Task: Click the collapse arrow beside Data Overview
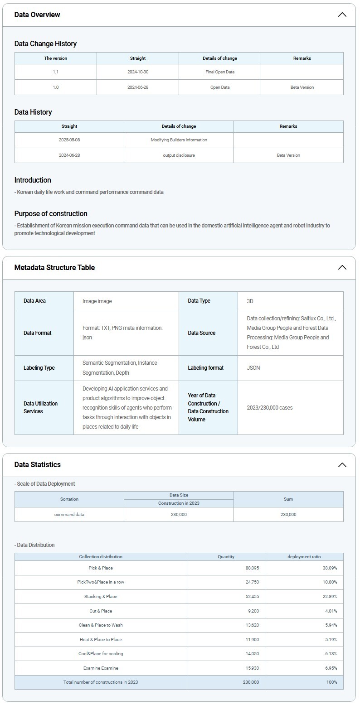(x=342, y=14)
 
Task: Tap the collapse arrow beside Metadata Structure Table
(x=342, y=267)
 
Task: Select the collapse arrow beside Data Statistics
(x=342, y=464)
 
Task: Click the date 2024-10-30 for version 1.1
(x=138, y=72)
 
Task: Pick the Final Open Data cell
(x=220, y=72)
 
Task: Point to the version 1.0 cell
(x=55, y=87)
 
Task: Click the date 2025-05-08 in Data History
(x=69, y=140)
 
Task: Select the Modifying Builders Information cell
(x=179, y=140)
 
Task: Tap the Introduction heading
(x=33, y=180)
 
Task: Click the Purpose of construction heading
(x=51, y=213)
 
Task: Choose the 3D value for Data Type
(x=250, y=301)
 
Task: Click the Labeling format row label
(x=205, y=368)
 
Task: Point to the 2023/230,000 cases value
(x=270, y=408)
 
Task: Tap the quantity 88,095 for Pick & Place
(x=252, y=568)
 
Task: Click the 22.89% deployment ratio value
(x=330, y=596)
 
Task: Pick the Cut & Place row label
(x=101, y=611)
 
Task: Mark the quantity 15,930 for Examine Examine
(x=252, y=668)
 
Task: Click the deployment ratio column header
(x=304, y=556)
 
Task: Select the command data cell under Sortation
(x=69, y=514)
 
